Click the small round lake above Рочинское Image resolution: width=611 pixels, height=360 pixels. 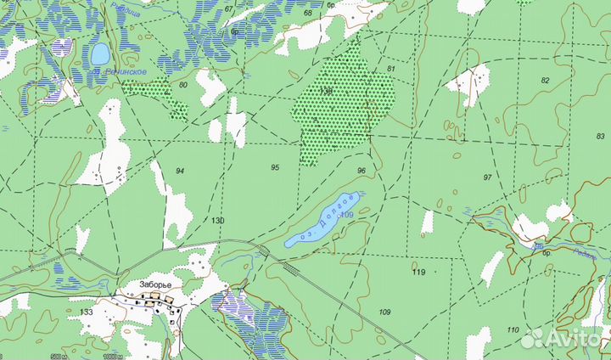click(100, 54)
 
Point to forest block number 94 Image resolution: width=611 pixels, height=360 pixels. click(180, 172)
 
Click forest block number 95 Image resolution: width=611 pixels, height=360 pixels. click(275, 167)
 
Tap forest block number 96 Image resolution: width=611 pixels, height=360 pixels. click(362, 172)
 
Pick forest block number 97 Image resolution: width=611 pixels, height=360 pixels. click(487, 177)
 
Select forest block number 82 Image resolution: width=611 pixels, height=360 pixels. click(545, 81)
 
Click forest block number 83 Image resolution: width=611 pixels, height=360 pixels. click(601, 137)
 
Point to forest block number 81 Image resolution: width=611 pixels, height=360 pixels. click(391, 68)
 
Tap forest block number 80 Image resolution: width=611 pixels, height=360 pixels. click(183, 85)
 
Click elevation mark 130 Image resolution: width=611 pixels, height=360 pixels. click(218, 221)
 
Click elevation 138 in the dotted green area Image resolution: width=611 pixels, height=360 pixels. click(327, 89)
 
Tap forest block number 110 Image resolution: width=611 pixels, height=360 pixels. click(512, 329)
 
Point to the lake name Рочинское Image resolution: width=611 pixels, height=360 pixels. click(125, 72)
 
